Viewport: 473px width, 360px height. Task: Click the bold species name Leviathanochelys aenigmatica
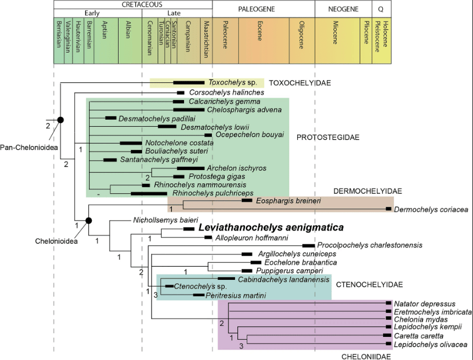click(x=271, y=227)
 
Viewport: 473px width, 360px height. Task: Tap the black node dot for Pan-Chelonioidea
click(x=60, y=120)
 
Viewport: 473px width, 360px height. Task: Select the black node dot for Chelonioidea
click(x=88, y=221)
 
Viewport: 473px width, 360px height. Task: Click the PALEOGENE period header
click(x=257, y=9)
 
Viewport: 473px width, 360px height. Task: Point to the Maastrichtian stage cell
click(x=206, y=41)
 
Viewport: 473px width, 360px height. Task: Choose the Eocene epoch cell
click(x=264, y=41)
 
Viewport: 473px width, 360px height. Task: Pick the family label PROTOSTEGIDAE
click(x=328, y=137)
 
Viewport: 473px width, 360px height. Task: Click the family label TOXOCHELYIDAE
click(x=300, y=83)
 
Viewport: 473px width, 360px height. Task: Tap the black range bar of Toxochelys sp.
click(x=189, y=82)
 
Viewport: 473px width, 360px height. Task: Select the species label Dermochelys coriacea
click(x=431, y=210)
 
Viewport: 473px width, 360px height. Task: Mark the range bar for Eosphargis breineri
click(x=247, y=200)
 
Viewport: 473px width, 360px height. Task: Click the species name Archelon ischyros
click(x=236, y=168)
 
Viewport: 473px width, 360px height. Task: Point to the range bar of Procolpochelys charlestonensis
click(x=309, y=246)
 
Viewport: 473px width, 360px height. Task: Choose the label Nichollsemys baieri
click(x=165, y=220)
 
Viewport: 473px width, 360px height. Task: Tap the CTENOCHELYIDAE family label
click(x=369, y=285)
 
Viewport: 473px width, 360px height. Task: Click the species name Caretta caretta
click(x=419, y=336)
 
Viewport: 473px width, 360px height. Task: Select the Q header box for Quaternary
click(x=382, y=9)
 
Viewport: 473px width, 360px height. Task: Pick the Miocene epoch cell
click(x=337, y=41)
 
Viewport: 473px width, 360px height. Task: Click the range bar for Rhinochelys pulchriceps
click(x=149, y=193)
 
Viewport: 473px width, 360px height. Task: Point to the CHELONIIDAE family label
click(x=366, y=356)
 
